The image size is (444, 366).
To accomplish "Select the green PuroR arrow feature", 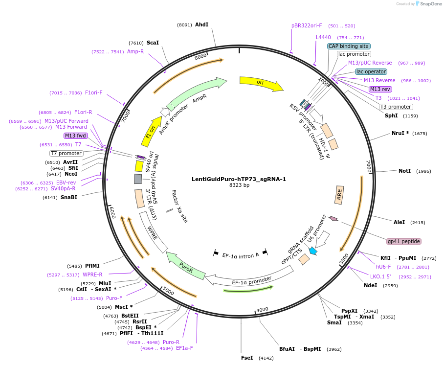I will tap(185, 266).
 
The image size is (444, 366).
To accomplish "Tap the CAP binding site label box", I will tap(348, 46).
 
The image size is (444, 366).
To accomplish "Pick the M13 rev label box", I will tap(380, 89).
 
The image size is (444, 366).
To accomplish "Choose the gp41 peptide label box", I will tap(404, 241).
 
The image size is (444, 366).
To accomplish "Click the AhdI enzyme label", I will tap(201, 24).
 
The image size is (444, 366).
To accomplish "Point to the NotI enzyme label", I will tap(404, 171).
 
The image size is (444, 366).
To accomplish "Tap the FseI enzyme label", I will tap(247, 358).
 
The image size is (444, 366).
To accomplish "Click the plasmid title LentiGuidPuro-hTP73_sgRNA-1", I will tap(239, 179).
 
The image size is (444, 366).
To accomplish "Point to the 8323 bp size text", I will tap(239, 185).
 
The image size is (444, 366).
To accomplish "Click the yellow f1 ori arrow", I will tap(153, 131).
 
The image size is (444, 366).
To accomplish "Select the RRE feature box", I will tap(339, 195).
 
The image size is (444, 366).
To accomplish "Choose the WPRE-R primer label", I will tap(92, 274).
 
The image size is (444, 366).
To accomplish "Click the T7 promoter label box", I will tap(67, 153).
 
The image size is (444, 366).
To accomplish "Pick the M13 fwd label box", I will tap(75, 136).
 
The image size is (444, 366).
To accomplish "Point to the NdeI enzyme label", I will tap(370, 285).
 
